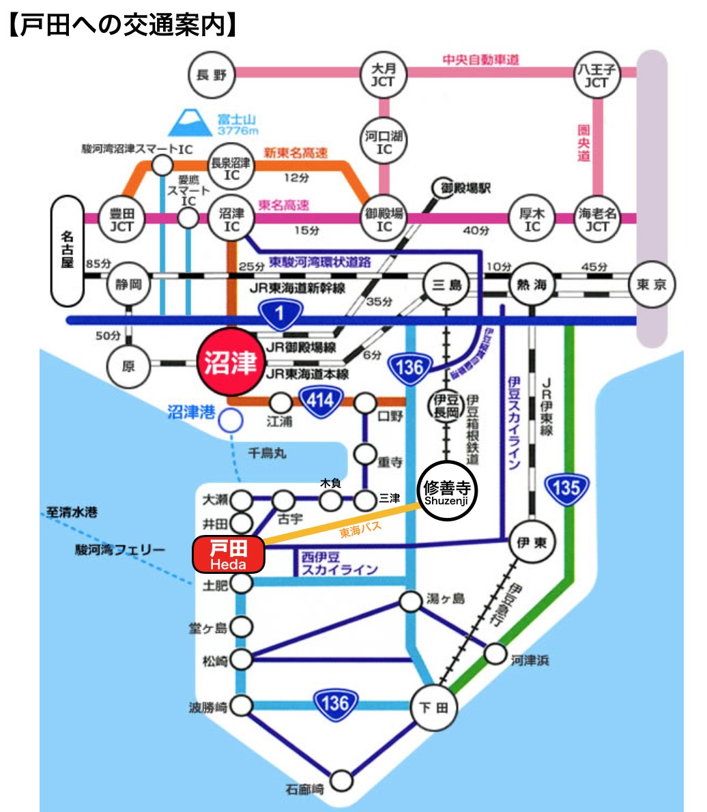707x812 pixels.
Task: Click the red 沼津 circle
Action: (x=231, y=363)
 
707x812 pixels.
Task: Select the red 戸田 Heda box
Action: (x=228, y=554)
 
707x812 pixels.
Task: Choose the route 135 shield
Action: (x=566, y=489)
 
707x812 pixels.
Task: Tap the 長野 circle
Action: (x=211, y=76)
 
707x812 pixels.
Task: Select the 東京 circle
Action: (x=652, y=285)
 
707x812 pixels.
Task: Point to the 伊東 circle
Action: (x=532, y=543)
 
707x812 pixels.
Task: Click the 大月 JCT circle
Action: (x=384, y=75)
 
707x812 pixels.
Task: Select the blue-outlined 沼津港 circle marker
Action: (x=231, y=420)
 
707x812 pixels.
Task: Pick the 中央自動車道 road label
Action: (x=480, y=60)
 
